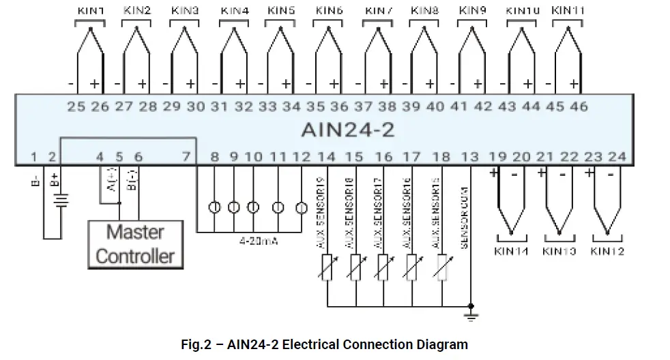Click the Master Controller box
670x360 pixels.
click(135, 244)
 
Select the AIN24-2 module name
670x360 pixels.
click(347, 130)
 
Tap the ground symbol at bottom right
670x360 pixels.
click(470, 313)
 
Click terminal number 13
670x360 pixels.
click(470, 157)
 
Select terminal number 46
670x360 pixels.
click(578, 106)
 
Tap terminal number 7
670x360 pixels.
click(186, 157)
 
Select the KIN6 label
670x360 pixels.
click(330, 11)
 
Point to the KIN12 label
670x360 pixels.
click(607, 251)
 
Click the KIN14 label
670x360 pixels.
click(511, 251)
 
